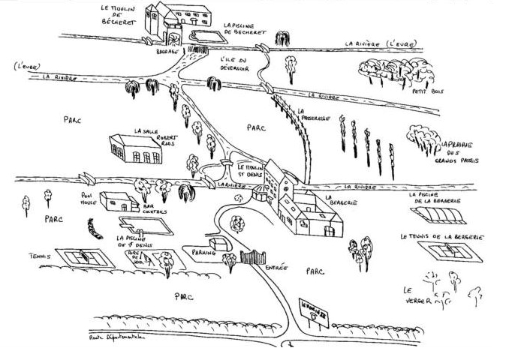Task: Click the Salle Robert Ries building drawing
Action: click(135, 151)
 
